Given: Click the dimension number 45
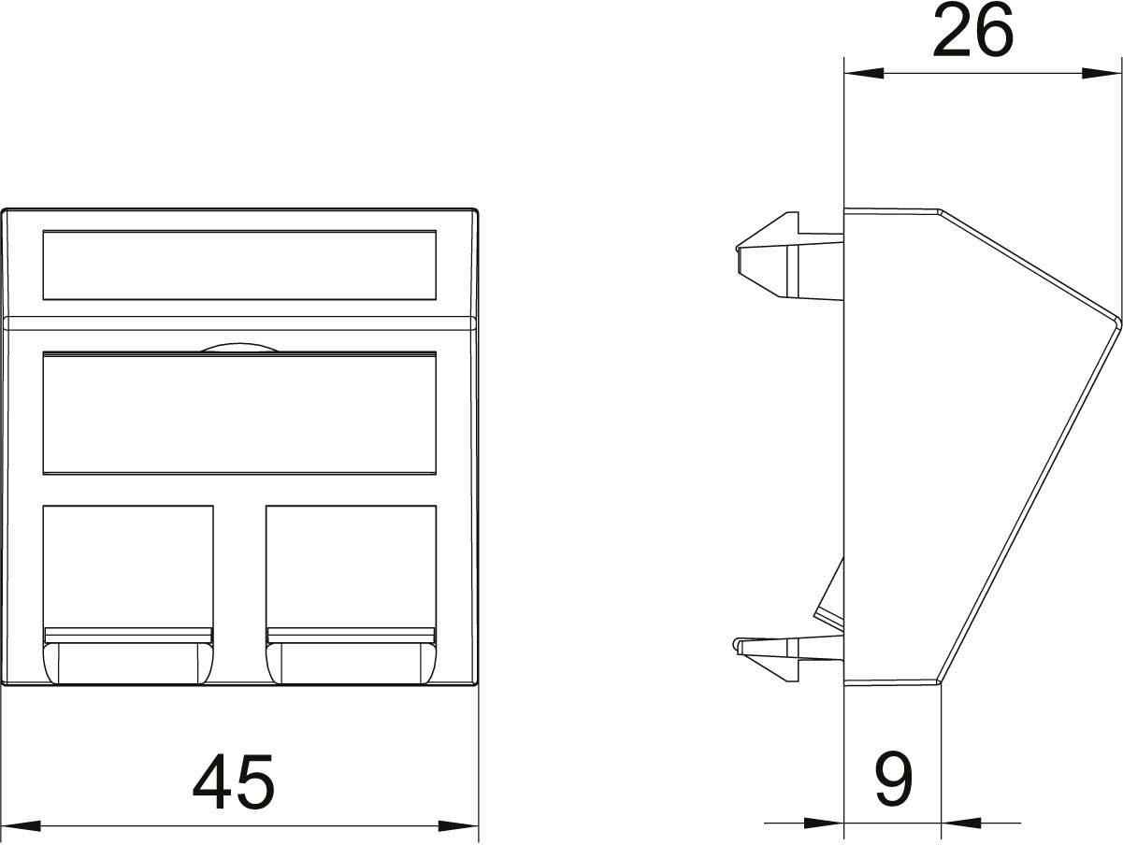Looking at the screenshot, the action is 234,781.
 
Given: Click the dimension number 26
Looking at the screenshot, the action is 972,30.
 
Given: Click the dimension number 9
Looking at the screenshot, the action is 893,780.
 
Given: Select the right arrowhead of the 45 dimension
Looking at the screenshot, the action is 458,825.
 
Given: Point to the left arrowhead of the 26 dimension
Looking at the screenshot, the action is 864,73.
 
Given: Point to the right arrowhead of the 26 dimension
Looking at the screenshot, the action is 1101,73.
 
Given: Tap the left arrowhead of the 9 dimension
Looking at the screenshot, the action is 824,823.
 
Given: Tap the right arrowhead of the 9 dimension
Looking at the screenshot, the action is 961,823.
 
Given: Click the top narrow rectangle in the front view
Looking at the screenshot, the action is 239,265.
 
